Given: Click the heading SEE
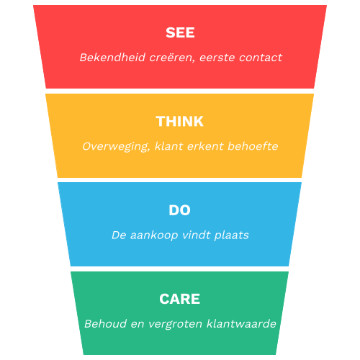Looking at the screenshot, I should tap(180, 33).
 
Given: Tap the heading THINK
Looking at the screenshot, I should tap(180, 122).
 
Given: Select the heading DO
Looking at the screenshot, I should tap(179, 210).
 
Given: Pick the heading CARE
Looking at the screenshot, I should tap(180, 299).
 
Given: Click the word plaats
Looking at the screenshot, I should tap(231, 235).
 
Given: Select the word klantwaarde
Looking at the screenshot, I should tap(242, 324).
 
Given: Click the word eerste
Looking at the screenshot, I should tap(215, 58).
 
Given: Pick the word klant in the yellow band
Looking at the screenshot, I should tap(170, 146).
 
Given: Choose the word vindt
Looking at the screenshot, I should tap(197, 235).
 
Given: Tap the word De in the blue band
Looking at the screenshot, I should tap(119, 235).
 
